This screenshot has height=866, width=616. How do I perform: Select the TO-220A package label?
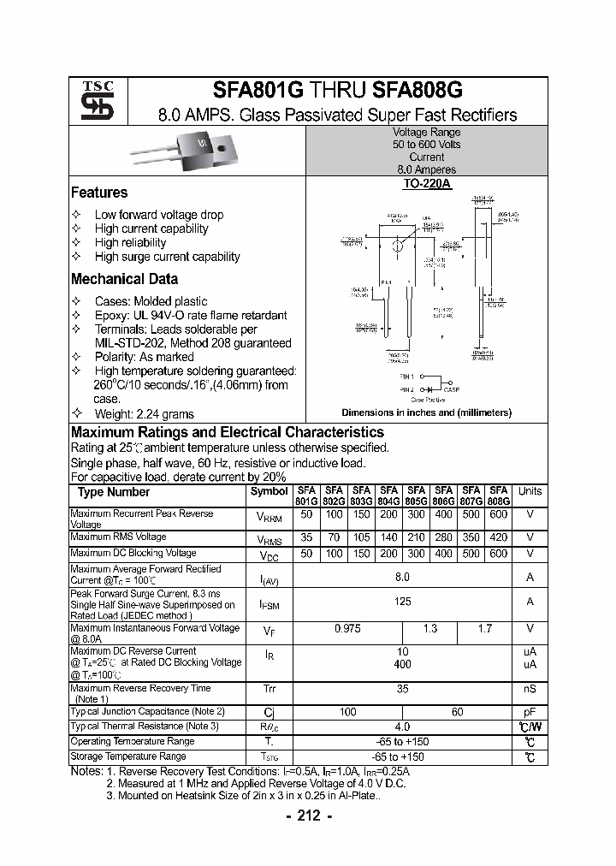(427, 184)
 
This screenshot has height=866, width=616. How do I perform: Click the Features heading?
(99, 193)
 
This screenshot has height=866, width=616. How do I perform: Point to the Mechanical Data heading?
(124, 279)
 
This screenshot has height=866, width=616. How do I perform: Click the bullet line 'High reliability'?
(130, 242)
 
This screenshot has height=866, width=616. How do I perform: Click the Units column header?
(530, 491)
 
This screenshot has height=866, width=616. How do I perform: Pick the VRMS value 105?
(362, 537)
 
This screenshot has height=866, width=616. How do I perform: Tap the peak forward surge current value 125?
(402, 602)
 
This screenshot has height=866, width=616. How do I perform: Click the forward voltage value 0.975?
(347, 628)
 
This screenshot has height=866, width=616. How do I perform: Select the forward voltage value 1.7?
(485, 628)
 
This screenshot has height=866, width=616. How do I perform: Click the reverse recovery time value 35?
(402, 687)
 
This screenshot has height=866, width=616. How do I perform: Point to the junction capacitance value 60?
(458, 711)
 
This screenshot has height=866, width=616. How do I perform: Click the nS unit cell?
(530, 687)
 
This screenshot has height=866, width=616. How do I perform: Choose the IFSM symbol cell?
(269, 603)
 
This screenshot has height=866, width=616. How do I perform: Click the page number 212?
(308, 816)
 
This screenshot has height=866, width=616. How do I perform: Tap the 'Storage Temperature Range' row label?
(128, 756)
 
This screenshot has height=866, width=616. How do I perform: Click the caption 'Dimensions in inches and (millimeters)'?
(426, 412)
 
